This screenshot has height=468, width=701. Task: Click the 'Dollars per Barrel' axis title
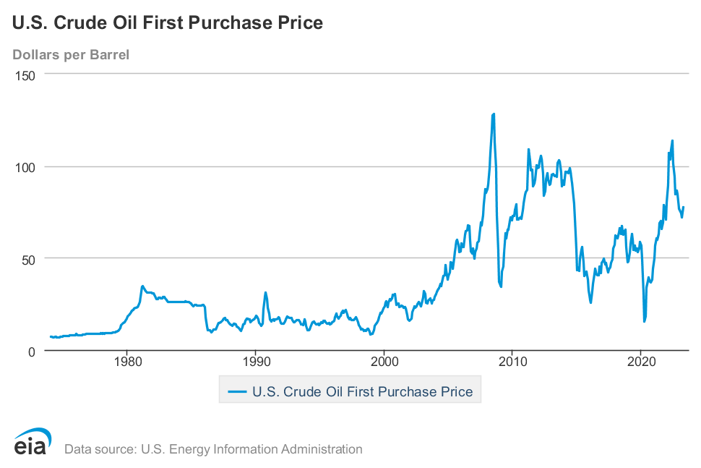pos(71,54)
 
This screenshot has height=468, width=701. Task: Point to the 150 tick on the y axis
pos(27,75)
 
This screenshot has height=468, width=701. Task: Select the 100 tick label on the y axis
pos(27,166)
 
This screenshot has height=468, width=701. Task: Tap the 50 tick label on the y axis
pos(30,258)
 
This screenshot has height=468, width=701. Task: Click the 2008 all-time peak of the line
pos(494,114)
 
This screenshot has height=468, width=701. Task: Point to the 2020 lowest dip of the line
pos(644,321)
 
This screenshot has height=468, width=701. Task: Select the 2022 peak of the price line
pos(672,141)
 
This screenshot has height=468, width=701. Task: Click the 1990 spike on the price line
pos(265,293)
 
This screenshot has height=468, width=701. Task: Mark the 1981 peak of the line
pos(142,286)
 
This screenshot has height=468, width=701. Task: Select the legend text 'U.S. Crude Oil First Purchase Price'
pos(362,392)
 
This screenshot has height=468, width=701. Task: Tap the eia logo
pos(30,443)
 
